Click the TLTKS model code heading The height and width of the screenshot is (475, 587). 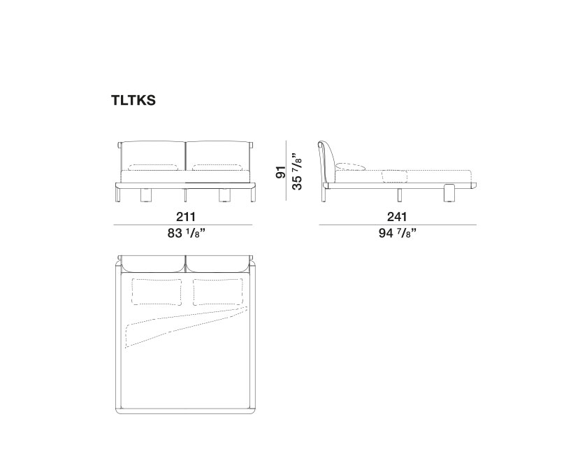tap(133, 100)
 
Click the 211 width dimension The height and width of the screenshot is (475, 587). tap(186, 217)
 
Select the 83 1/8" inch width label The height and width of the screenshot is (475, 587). tap(187, 233)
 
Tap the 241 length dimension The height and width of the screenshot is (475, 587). tap(397, 217)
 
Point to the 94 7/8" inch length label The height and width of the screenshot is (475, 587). tap(398, 233)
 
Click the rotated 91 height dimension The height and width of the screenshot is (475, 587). tap(280, 172)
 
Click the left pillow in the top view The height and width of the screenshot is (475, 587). tap(157, 292)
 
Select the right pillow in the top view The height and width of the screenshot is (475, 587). tap(218, 292)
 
